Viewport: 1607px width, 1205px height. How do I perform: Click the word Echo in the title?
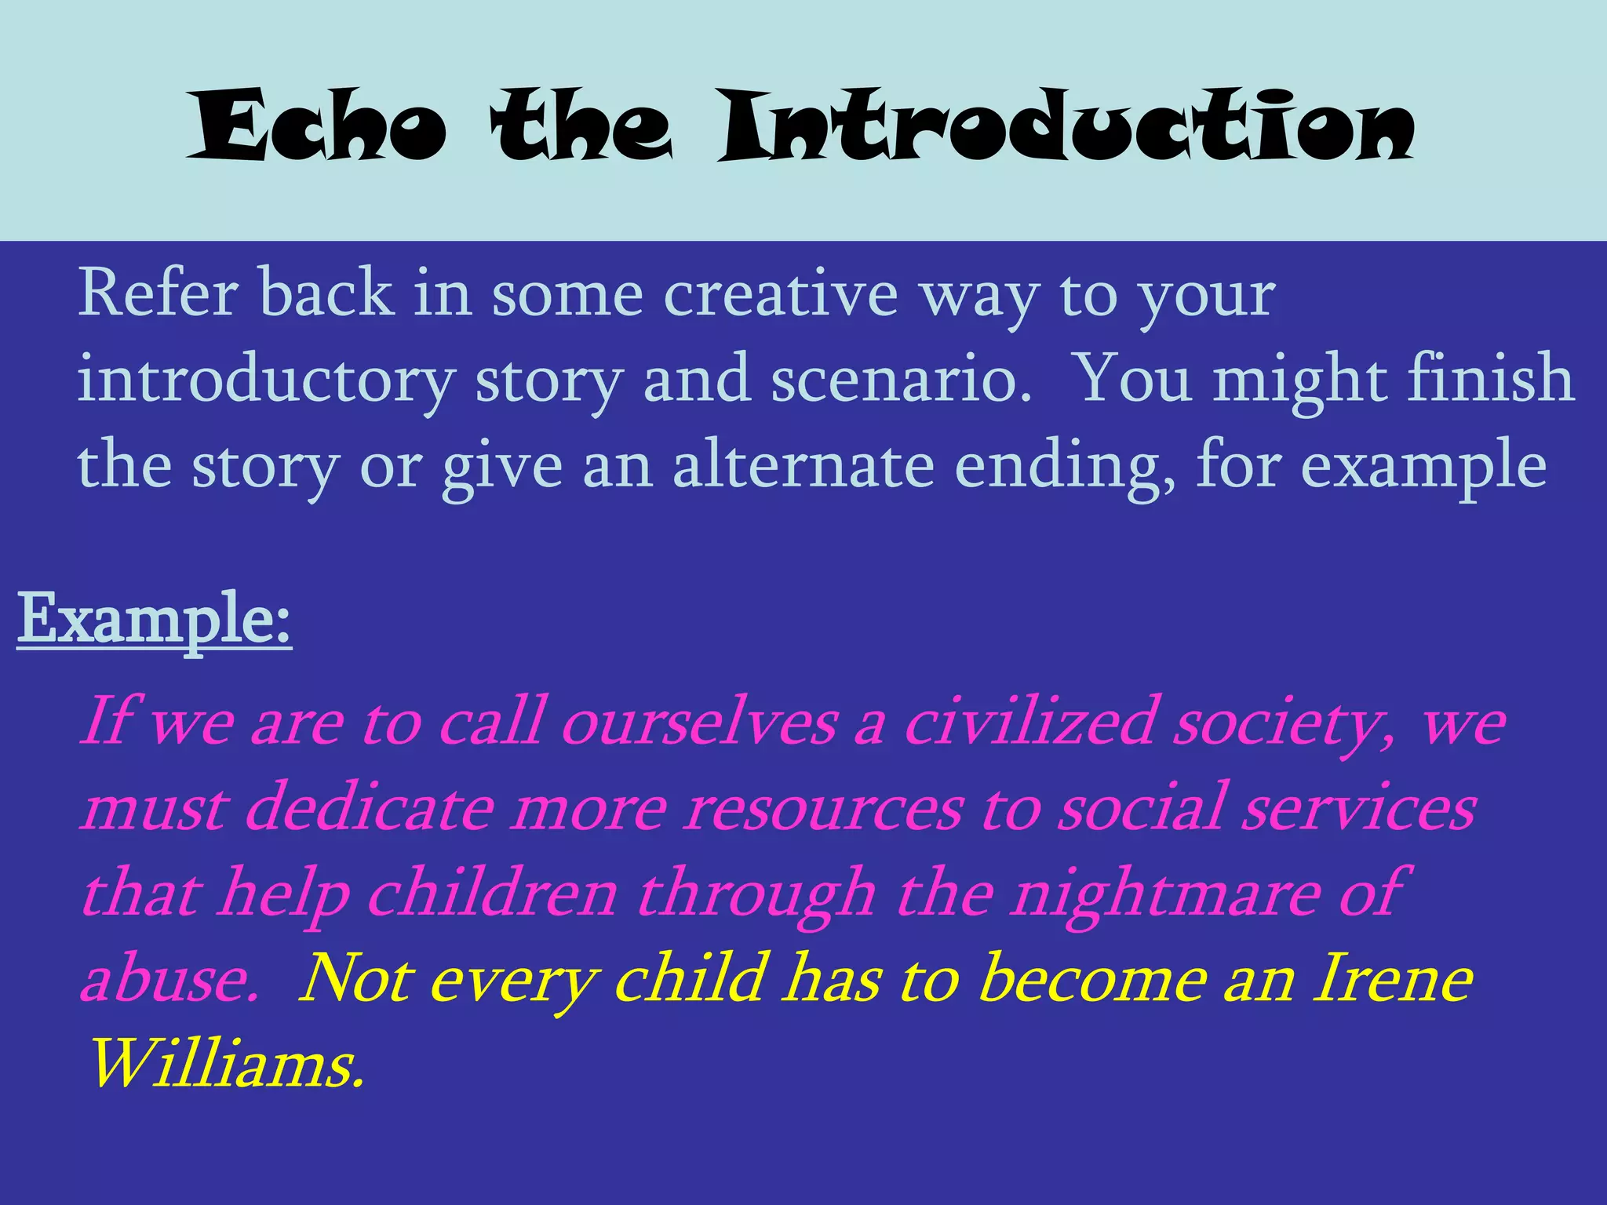point(317,126)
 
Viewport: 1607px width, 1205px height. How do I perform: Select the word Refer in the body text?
point(158,293)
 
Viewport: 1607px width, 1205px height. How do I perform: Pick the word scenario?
point(901,379)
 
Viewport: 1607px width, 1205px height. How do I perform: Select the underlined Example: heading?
point(155,620)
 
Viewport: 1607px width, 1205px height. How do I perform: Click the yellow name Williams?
point(227,1065)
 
